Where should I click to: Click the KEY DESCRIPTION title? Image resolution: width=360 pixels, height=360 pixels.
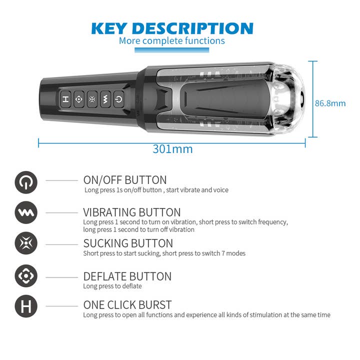click(172, 28)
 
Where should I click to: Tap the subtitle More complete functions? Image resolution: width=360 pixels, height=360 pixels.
click(171, 41)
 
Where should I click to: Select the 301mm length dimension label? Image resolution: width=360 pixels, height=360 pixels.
click(172, 149)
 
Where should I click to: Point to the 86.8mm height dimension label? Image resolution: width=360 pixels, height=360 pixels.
click(330, 103)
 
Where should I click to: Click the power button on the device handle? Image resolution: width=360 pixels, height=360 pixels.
click(118, 99)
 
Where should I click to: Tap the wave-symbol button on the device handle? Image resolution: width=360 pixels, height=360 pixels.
click(105, 99)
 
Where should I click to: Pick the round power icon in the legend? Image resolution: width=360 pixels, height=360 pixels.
click(26, 182)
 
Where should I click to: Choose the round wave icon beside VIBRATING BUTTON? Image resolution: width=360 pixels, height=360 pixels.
click(26, 212)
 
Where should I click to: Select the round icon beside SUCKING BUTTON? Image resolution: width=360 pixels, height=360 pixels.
click(26, 243)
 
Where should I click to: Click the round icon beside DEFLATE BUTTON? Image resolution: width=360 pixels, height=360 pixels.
click(26, 275)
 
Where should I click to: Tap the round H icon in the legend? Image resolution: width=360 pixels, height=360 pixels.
click(26, 306)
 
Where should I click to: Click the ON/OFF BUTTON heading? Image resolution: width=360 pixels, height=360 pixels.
click(125, 180)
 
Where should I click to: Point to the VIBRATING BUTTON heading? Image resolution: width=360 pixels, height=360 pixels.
click(132, 212)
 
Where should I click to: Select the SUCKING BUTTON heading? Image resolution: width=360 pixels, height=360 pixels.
click(128, 243)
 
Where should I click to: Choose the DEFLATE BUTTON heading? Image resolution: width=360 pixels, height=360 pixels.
click(127, 276)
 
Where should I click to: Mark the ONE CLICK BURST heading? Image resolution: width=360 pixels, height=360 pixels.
click(127, 305)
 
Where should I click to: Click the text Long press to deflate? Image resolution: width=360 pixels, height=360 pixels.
click(112, 286)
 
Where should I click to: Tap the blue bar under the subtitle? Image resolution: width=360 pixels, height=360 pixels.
click(171, 50)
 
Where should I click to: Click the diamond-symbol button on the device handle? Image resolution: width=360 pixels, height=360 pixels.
click(79, 99)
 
